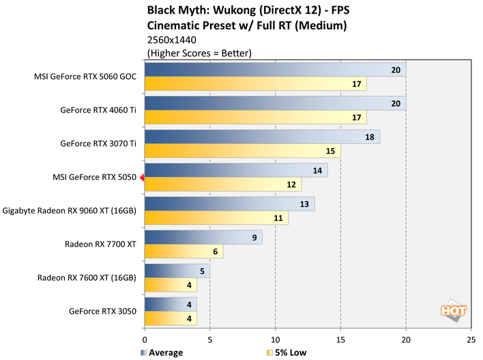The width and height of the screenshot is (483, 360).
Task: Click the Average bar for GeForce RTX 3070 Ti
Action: (x=262, y=137)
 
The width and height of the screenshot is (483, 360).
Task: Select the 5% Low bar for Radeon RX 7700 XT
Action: (x=184, y=252)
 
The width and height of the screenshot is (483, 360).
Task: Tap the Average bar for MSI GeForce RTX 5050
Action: (x=236, y=170)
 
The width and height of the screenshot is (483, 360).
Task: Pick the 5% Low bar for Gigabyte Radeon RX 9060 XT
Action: (x=216, y=218)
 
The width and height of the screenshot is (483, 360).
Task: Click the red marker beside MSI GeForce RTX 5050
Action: (x=141, y=178)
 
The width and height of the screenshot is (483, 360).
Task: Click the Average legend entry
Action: (x=162, y=352)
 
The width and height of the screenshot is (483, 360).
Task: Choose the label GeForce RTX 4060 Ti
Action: (x=98, y=110)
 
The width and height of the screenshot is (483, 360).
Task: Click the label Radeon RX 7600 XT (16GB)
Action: (x=89, y=277)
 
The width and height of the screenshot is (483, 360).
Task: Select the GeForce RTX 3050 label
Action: (x=102, y=311)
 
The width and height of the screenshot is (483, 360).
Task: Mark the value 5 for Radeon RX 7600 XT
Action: (x=203, y=271)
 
